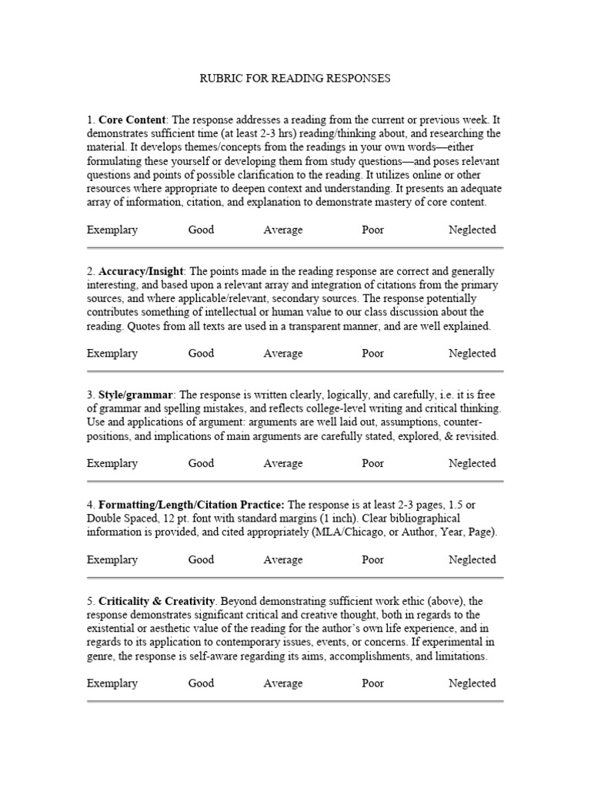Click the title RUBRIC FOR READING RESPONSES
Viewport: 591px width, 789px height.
point(295,78)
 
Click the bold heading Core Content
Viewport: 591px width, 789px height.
point(132,119)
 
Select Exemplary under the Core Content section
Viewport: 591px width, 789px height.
point(112,230)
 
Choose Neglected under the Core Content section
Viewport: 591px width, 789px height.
point(472,230)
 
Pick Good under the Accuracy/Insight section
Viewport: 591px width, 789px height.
point(201,354)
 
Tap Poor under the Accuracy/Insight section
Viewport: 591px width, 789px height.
point(372,354)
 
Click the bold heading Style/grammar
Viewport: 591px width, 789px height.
point(135,394)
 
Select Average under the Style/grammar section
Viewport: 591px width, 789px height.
point(283,463)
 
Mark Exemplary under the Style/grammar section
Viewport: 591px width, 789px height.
point(112,463)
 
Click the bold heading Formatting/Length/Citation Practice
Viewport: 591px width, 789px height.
point(192,504)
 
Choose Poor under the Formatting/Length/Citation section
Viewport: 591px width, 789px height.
point(372,559)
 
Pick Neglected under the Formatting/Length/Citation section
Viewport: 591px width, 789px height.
point(472,559)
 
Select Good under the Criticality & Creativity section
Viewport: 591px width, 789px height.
point(201,683)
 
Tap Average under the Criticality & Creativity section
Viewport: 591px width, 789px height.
point(283,683)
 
